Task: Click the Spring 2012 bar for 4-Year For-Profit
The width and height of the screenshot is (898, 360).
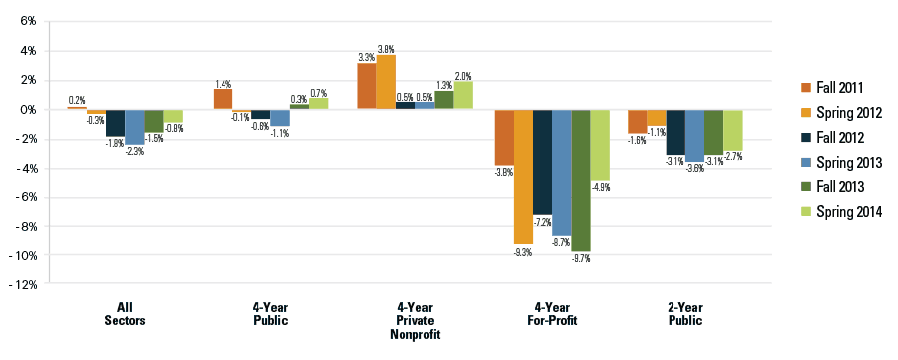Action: [523, 177]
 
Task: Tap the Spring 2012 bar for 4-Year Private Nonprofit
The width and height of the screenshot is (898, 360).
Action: [386, 82]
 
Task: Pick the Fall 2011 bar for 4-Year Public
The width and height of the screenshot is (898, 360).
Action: [223, 99]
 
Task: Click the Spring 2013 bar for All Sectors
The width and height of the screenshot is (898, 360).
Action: [135, 126]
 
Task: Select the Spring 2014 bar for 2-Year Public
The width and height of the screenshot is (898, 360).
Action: [733, 129]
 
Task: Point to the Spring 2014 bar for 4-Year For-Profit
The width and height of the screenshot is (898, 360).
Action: [599, 145]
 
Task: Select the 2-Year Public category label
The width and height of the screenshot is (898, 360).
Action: [685, 313]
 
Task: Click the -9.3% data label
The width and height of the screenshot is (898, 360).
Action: [523, 252]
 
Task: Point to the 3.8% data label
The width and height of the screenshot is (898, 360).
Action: [386, 48]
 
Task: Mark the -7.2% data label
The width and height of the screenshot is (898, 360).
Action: [543, 221]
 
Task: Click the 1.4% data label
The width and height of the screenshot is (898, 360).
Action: [223, 83]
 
